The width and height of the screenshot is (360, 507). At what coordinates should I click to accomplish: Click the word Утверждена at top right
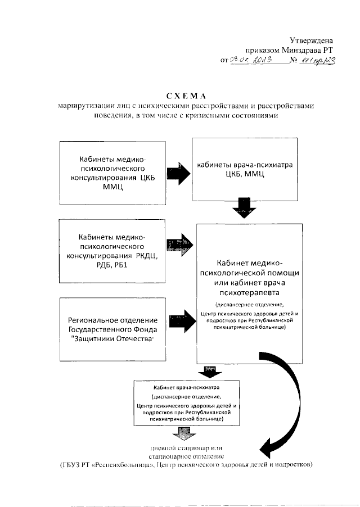[x=312, y=40]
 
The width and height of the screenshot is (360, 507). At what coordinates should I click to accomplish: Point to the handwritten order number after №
[x=316, y=61]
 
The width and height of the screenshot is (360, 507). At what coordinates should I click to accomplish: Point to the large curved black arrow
[x=291, y=416]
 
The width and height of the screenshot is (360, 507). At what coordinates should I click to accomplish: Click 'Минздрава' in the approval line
[x=300, y=49]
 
